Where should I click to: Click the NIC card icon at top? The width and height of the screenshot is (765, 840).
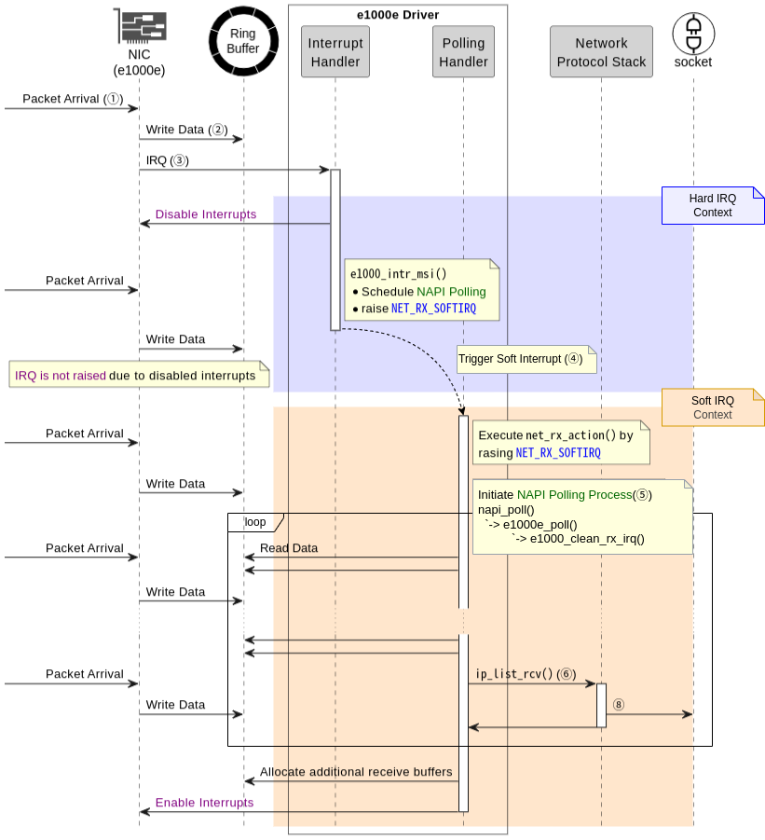(x=139, y=26)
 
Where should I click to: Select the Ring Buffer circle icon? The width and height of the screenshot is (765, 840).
(x=243, y=41)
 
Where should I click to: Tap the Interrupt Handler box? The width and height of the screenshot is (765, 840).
(x=335, y=52)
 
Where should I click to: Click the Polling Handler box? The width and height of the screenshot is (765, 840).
(x=464, y=52)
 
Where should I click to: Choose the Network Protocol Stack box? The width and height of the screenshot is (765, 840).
(x=601, y=52)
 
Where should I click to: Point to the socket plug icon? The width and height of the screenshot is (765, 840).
(x=693, y=33)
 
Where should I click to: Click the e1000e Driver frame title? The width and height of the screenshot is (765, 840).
(x=398, y=15)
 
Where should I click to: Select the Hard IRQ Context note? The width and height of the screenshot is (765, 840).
(x=713, y=205)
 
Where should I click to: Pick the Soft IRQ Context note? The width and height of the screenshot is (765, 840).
(x=713, y=407)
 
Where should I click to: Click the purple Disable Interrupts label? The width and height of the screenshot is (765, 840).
(x=206, y=214)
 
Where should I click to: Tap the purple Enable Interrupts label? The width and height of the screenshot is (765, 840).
(x=204, y=803)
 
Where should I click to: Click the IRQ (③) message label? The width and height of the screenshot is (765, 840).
(x=168, y=160)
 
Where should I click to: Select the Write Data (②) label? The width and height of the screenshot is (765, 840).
(x=186, y=130)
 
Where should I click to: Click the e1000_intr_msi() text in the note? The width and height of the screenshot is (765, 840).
(x=399, y=274)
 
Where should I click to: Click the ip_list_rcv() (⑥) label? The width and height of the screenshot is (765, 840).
(x=526, y=674)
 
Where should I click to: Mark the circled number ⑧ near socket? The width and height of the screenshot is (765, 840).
(x=618, y=706)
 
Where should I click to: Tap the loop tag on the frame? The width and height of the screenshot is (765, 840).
(x=254, y=522)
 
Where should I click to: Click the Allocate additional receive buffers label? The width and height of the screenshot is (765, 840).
(x=356, y=772)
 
